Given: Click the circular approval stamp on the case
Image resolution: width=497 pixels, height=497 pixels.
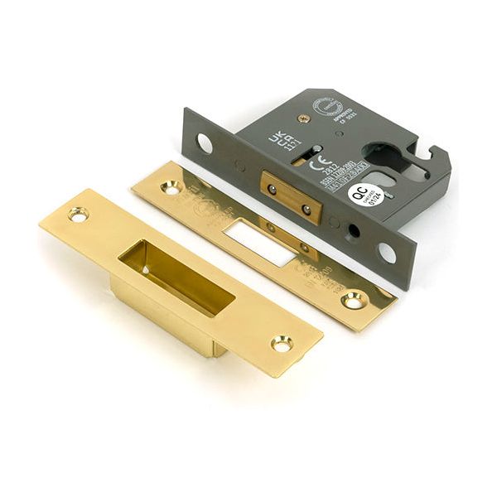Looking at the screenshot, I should point(324,105).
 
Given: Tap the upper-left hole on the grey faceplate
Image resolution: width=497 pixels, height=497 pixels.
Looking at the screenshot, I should point(204,143).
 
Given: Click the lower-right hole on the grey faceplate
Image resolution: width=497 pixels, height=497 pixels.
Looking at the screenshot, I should point(386,252).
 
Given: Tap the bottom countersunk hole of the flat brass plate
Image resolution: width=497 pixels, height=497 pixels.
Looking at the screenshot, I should point(354,300).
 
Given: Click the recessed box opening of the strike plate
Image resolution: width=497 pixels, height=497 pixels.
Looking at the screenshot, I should point(176,277).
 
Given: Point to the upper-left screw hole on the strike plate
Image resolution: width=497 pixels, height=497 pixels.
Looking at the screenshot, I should point(78,215).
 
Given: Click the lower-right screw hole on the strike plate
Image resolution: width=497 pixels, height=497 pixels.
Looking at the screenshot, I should point(282,342).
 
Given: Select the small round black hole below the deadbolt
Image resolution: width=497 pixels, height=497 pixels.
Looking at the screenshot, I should point(350,232).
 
